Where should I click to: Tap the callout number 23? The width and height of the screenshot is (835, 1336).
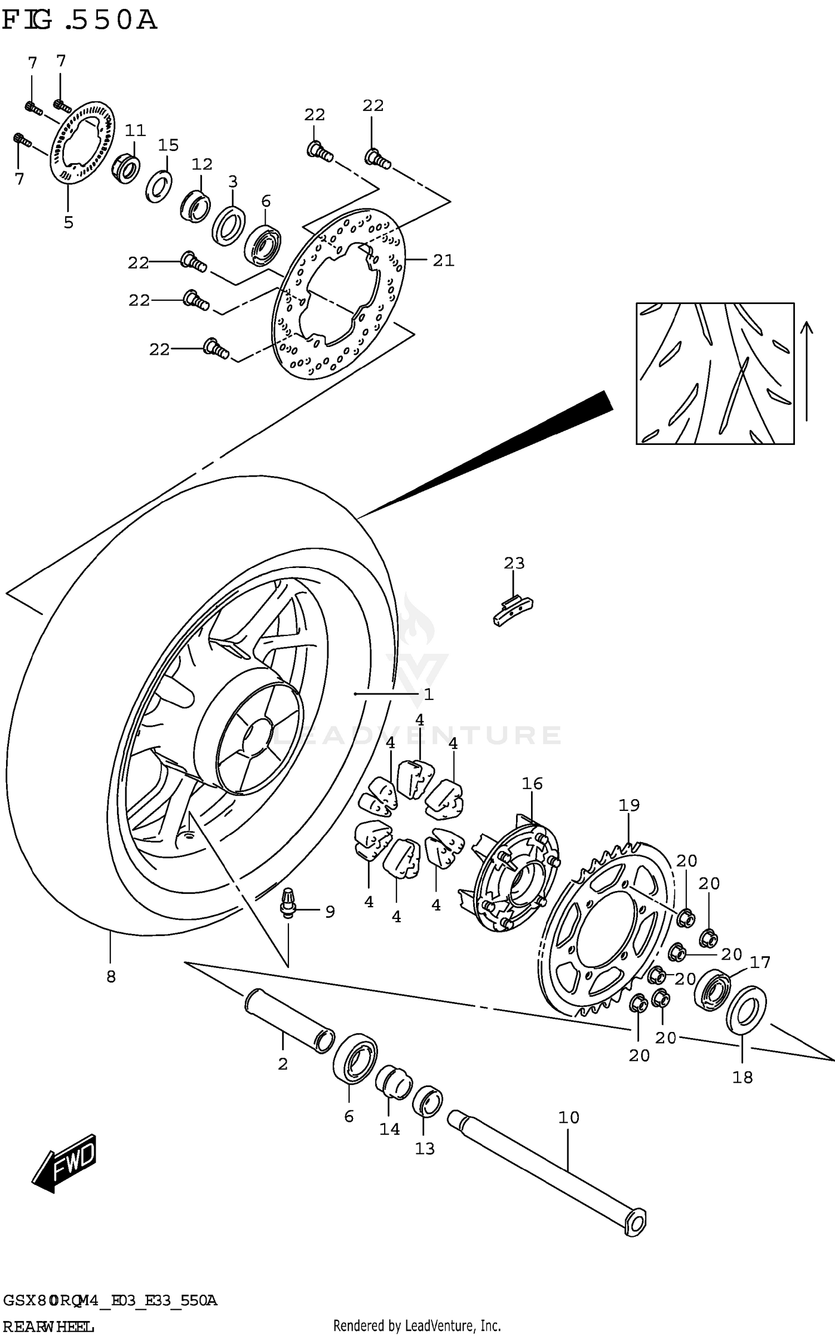[x=514, y=563]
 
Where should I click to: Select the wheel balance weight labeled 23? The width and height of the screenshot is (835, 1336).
[x=513, y=610]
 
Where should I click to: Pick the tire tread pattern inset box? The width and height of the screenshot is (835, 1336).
[x=715, y=373]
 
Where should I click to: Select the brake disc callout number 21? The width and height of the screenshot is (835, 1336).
[x=444, y=260]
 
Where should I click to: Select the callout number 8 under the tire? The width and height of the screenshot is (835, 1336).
[x=111, y=977]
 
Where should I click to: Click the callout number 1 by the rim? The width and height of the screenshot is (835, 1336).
[x=428, y=694]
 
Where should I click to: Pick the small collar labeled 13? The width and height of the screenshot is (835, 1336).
[x=427, y=1100]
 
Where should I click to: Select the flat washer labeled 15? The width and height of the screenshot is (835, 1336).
[x=159, y=187]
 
